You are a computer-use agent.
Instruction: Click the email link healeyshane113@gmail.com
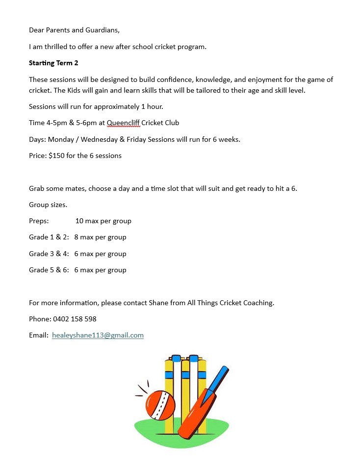tap(98, 336)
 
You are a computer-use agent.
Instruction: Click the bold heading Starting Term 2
tap(53, 63)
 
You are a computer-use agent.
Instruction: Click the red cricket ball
tap(160, 405)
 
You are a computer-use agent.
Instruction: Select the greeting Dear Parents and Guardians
tap(74, 30)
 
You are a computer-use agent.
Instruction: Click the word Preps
tap(39, 221)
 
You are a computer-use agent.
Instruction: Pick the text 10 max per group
tap(103, 221)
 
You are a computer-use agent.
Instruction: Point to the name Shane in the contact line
tap(158, 303)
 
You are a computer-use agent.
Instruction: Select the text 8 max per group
tap(101, 237)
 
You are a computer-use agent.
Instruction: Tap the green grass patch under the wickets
tap(152, 434)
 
